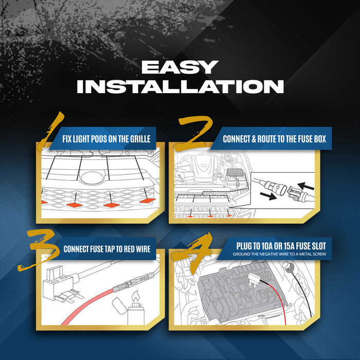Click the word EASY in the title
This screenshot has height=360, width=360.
point(180,67)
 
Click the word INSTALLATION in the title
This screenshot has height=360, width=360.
point(180,86)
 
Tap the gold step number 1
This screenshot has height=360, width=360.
point(51,131)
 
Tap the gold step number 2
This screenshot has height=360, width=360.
point(195,133)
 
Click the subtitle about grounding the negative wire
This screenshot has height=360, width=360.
point(279,254)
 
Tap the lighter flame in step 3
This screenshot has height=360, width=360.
point(135,296)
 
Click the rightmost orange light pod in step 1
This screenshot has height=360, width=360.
point(147,201)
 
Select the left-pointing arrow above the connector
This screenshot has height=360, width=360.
point(306,186)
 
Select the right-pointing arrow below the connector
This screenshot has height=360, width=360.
point(268,196)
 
